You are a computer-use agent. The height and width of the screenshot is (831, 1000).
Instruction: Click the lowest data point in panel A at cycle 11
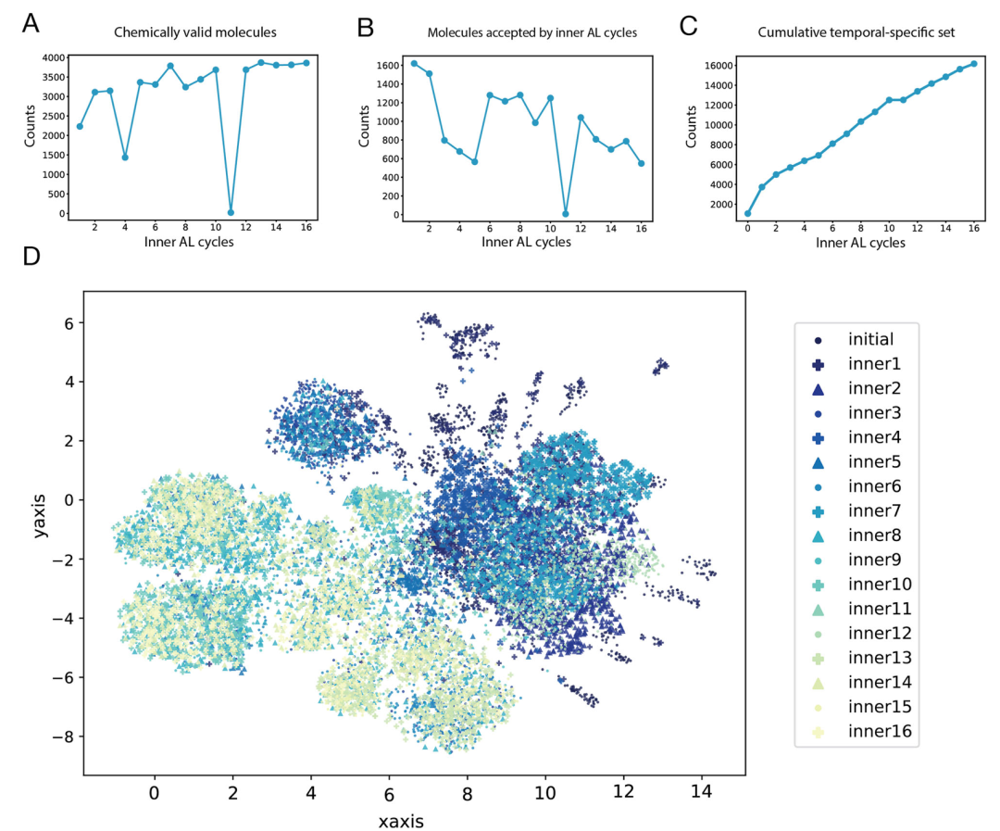click(231, 212)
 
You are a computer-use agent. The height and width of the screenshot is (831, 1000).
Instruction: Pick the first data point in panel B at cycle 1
click(414, 63)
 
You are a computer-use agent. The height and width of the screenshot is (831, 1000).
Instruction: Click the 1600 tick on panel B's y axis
click(387, 65)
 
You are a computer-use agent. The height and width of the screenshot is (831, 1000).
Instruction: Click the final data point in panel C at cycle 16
click(973, 63)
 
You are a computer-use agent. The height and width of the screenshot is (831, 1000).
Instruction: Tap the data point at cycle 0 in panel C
click(747, 213)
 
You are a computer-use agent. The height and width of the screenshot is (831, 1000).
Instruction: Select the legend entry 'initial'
click(871, 339)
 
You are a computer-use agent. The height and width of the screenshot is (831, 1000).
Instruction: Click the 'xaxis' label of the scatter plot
click(401, 821)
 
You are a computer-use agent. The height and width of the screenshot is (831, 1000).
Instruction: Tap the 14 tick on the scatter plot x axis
click(702, 793)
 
